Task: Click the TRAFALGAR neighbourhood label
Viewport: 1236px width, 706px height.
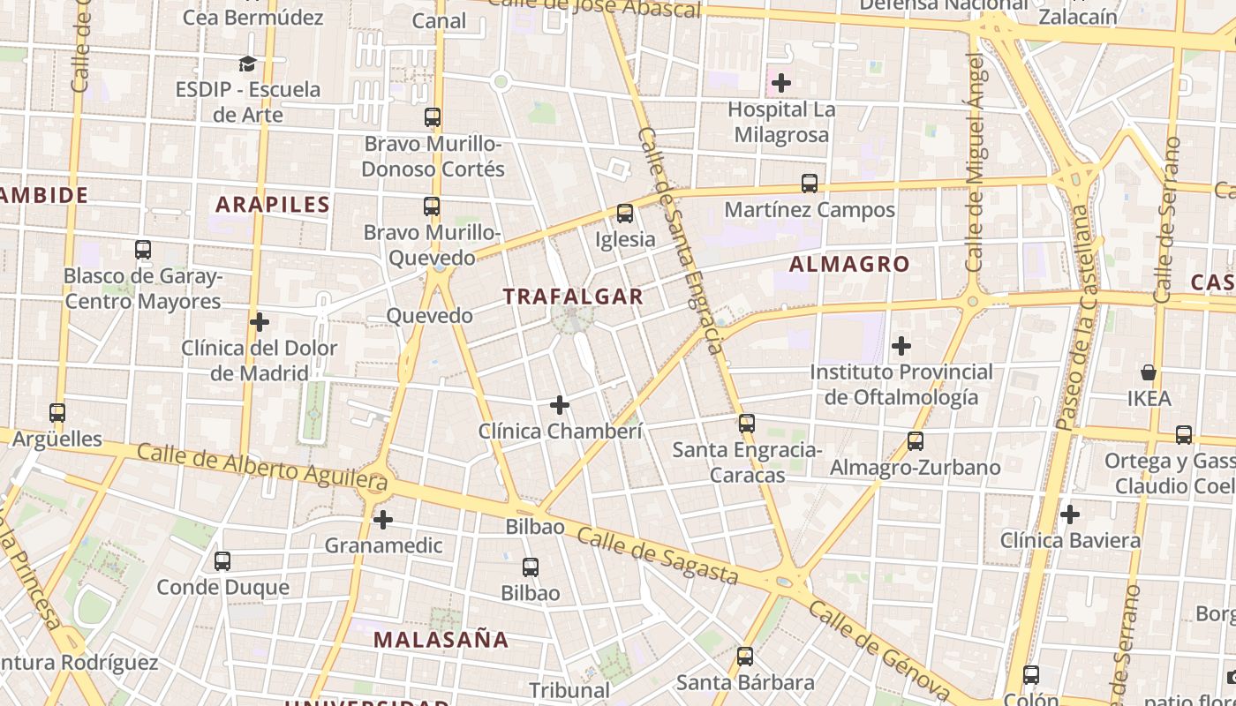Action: (x=574, y=297)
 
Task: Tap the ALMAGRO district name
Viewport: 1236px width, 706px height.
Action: (x=849, y=264)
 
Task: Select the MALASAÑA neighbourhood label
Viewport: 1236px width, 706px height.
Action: (x=441, y=639)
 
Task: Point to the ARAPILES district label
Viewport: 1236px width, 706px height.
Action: (x=273, y=205)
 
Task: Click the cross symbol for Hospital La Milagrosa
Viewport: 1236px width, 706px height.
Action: (x=780, y=84)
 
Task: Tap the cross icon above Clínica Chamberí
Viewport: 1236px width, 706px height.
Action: (x=560, y=406)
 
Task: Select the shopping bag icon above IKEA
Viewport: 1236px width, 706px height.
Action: (x=1149, y=372)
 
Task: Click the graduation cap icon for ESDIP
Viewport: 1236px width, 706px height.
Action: (x=247, y=64)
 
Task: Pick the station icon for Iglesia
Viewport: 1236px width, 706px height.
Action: (x=625, y=214)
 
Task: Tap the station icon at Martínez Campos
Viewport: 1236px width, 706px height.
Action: (x=810, y=184)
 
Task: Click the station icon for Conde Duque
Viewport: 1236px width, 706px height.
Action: (x=222, y=561)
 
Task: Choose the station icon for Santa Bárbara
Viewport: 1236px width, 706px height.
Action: (x=745, y=657)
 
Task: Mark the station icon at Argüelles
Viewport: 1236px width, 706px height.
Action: (x=57, y=413)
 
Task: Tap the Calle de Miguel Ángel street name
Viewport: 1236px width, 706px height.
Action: (x=975, y=163)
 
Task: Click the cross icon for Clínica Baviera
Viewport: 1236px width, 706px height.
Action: (x=1070, y=514)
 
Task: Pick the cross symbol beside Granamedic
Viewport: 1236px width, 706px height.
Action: (x=383, y=520)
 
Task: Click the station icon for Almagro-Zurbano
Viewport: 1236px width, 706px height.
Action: (x=916, y=441)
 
